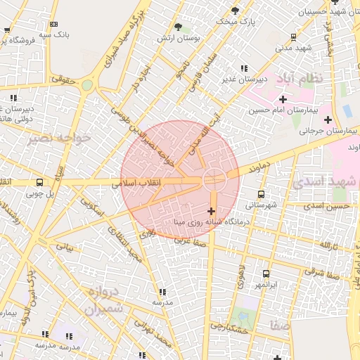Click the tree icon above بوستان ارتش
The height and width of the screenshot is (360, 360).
186,27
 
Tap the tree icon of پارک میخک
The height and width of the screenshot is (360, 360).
236,11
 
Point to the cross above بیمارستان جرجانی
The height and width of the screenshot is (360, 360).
328,119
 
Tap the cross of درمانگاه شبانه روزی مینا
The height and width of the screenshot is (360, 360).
212,211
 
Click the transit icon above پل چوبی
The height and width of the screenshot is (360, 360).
39,181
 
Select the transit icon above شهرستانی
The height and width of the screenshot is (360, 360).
261,194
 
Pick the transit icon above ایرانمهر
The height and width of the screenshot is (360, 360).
266,274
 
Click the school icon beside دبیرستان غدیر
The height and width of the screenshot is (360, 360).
244,68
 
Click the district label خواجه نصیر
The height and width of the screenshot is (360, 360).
60,138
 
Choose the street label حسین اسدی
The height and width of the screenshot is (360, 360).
331,206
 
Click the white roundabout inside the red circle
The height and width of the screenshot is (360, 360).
214,179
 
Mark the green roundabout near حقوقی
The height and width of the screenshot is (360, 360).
86,85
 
